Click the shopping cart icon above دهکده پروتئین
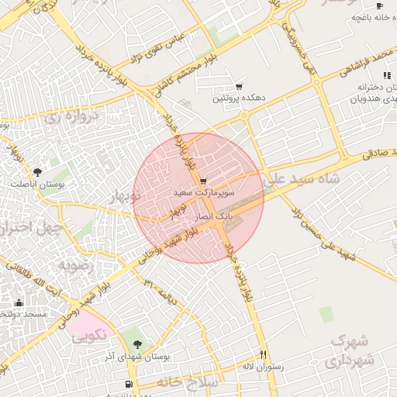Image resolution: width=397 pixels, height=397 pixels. (239, 87)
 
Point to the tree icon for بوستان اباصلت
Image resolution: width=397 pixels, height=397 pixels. (37, 171)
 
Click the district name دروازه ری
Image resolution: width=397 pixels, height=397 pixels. (72, 117)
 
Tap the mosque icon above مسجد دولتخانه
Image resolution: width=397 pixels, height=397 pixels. (19, 302)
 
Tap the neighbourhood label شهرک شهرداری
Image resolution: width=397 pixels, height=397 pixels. (351, 350)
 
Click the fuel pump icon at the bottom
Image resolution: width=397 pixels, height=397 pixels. (128, 383)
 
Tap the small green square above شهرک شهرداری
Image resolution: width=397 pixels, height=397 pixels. (326, 313)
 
